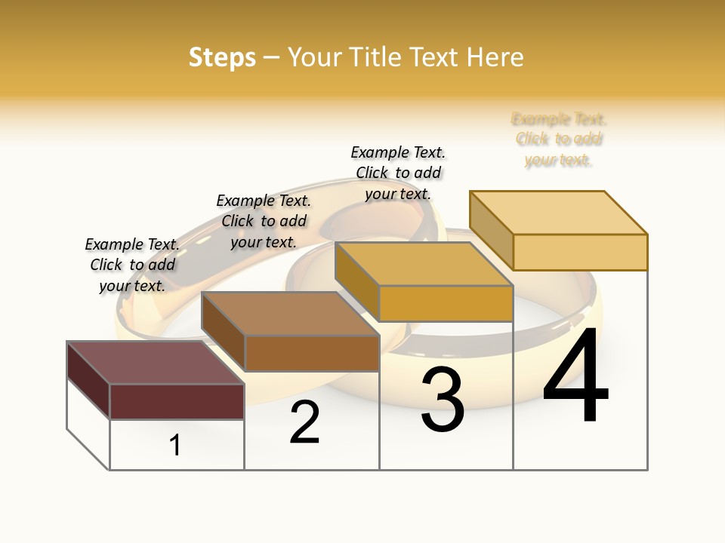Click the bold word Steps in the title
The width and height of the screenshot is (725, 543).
tap(222, 57)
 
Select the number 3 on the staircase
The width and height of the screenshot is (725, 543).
tap(443, 400)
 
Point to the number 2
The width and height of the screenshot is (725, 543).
tap(304, 422)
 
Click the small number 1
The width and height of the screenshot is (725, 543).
tap(175, 445)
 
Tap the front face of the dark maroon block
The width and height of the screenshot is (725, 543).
tap(177, 401)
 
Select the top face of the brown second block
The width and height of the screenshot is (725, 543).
tap(291, 314)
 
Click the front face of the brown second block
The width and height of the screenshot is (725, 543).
tap(312, 353)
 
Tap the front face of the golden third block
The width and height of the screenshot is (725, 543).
tap(446, 303)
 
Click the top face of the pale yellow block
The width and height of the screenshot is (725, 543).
tap(559, 213)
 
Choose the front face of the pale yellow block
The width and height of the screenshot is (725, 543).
tap(580, 252)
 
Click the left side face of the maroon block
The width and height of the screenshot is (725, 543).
tap(88, 379)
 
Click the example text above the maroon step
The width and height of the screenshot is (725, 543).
tap(132, 265)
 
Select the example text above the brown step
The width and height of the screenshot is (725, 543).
tap(264, 221)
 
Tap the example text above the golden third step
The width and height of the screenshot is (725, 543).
tap(398, 173)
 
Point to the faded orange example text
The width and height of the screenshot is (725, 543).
tap(559, 139)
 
